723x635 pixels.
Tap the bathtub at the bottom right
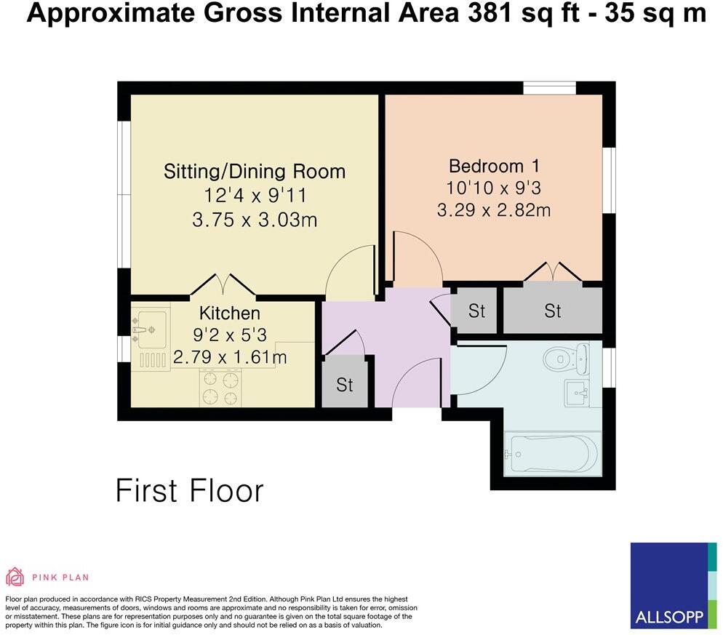tap(552, 452)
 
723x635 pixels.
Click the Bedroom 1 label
tap(493, 165)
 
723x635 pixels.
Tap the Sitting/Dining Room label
tap(254, 172)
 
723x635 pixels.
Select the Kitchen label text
tap(229, 313)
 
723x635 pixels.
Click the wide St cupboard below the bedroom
tap(553, 311)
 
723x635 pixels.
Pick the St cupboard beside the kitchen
tap(344, 383)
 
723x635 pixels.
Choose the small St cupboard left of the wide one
tap(476, 311)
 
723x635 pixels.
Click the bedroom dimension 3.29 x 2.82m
tap(493, 211)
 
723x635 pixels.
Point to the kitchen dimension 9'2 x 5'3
tap(229, 335)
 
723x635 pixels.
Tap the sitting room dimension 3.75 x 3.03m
tap(254, 219)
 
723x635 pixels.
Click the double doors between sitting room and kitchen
tap(223, 285)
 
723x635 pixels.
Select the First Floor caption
tap(189, 491)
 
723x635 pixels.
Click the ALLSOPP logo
tap(669, 586)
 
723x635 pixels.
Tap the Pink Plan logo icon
tap(15, 577)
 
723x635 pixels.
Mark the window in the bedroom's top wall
tap(549, 88)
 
